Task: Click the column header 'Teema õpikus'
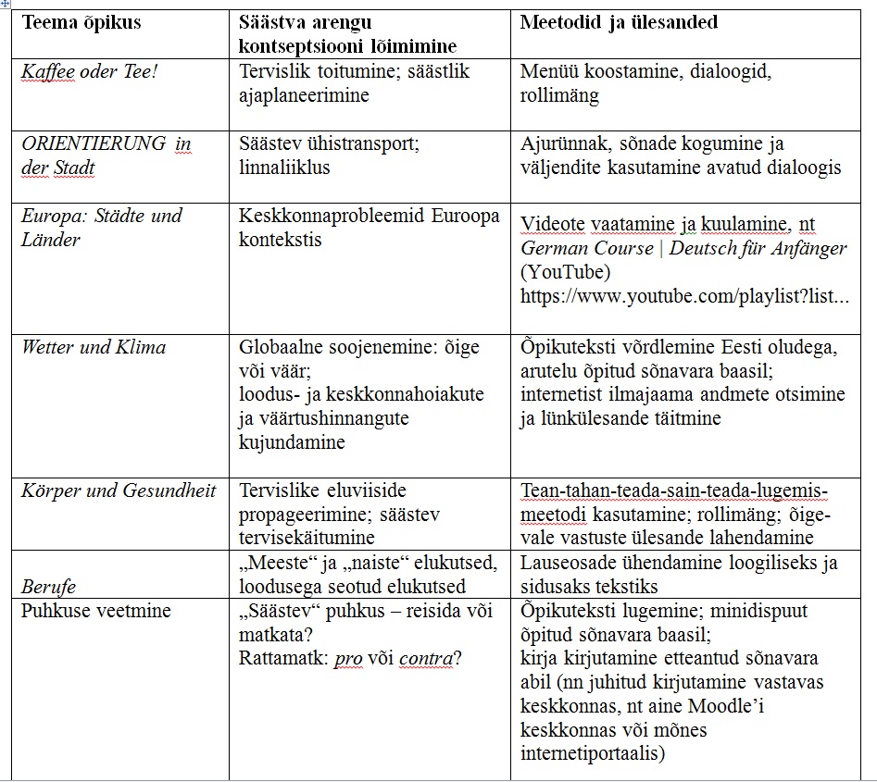point(81,23)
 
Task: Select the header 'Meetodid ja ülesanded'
point(619,23)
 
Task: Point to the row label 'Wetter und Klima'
point(94,348)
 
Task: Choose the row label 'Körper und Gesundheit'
point(118,490)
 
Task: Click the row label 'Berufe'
point(48,587)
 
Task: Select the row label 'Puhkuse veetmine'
point(96,611)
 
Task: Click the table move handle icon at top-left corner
point(6,4)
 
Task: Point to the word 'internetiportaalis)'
point(593,754)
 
